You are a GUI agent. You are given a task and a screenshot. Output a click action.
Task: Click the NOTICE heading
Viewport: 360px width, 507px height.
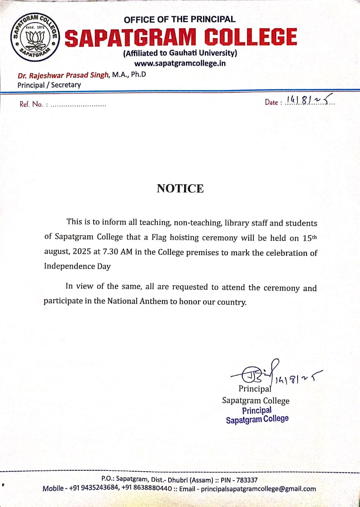tap(180, 188)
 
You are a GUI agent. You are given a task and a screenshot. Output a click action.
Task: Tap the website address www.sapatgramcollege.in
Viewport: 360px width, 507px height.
tap(180, 63)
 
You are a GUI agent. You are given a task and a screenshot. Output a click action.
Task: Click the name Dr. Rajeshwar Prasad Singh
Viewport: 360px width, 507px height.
tap(63, 75)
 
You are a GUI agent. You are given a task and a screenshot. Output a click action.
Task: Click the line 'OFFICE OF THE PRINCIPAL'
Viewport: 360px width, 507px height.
tap(180, 19)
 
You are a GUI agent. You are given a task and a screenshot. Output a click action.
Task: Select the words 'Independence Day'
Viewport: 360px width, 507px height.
tap(77, 267)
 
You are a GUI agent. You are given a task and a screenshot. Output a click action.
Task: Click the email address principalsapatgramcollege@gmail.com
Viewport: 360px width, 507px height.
tap(258, 489)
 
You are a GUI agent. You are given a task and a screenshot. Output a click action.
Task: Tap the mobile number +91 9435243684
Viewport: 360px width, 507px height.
tap(96, 489)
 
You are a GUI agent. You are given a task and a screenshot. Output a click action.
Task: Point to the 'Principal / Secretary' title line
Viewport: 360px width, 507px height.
tap(49, 85)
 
